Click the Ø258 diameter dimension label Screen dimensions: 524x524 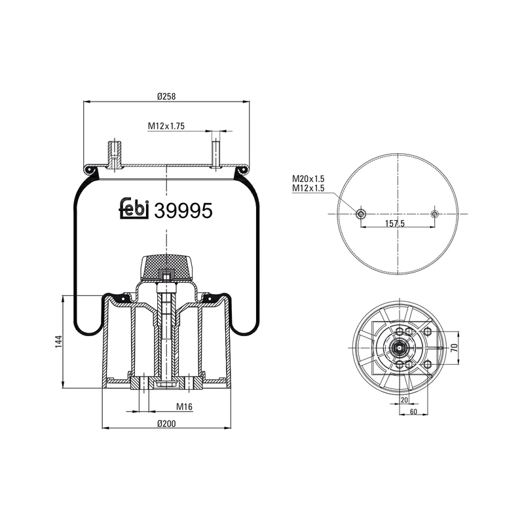click(x=166, y=97)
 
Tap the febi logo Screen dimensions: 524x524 click(x=134, y=208)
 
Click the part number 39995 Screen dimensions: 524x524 click(x=182, y=210)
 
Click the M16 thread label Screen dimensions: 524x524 click(x=185, y=407)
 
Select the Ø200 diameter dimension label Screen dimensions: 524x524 click(x=166, y=423)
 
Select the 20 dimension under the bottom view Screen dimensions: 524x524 click(x=403, y=399)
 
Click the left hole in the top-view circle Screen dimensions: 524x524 click(x=360, y=214)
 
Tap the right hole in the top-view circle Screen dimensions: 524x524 click(x=434, y=214)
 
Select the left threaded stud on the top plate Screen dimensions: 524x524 click(x=114, y=156)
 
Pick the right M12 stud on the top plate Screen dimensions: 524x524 click(x=215, y=152)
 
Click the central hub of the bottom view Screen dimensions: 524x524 click(x=398, y=347)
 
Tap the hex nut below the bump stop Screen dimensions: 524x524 click(x=166, y=278)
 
